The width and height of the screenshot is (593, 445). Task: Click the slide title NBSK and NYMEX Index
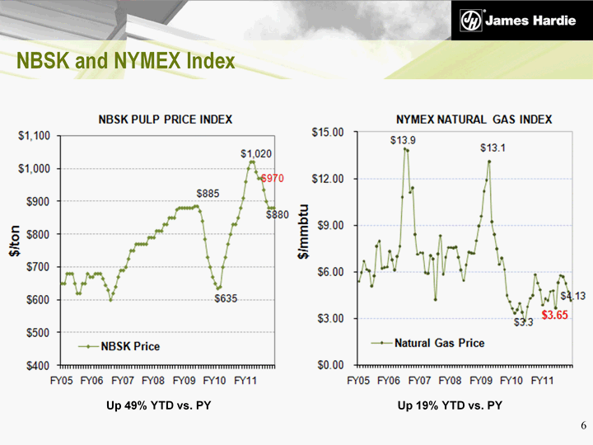(x=127, y=62)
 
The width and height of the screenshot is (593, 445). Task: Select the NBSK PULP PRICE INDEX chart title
(x=166, y=119)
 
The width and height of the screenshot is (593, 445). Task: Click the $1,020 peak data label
(x=256, y=153)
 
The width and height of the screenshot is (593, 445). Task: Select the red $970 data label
(x=273, y=178)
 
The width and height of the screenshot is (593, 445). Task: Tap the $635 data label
(x=226, y=298)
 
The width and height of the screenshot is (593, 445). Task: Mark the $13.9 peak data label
(x=403, y=140)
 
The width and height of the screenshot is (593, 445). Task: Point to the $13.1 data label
(x=493, y=148)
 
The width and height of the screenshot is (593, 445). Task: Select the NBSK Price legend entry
(x=124, y=346)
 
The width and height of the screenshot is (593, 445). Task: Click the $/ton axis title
(x=14, y=241)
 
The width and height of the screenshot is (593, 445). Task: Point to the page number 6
(x=583, y=426)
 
